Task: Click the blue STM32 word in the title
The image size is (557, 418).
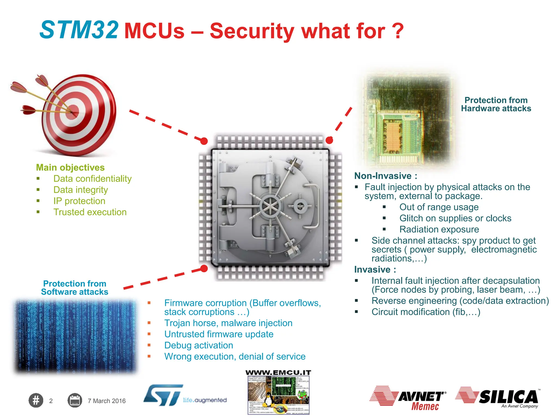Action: [x=79, y=30]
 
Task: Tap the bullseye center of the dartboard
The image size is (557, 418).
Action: [x=72, y=112]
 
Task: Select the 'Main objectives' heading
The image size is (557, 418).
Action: [x=70, y=167]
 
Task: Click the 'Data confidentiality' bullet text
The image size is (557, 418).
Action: [x=92, y=179]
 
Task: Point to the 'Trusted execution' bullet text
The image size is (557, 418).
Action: [x=90, y=212]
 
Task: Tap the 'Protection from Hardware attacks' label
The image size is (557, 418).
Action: [x=496, y=104]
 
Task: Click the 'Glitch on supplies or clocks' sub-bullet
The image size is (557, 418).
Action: [x=455, y=218]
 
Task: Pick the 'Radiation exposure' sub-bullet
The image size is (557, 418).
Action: [x=439, y=229]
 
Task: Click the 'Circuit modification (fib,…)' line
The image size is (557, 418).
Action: [x=426, y=312]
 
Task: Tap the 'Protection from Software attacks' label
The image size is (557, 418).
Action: [x=75, y=288]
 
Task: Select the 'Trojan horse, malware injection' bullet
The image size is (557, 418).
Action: [x=228, y=323]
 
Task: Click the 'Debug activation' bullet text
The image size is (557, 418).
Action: [x=199, y=345]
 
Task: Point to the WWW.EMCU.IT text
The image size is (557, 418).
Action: [x=278, y=373]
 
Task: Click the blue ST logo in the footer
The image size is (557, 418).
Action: [x=163, y=395]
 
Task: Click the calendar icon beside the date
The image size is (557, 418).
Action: [x=75, y=401]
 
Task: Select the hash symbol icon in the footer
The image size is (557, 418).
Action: [x=36, y=401]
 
